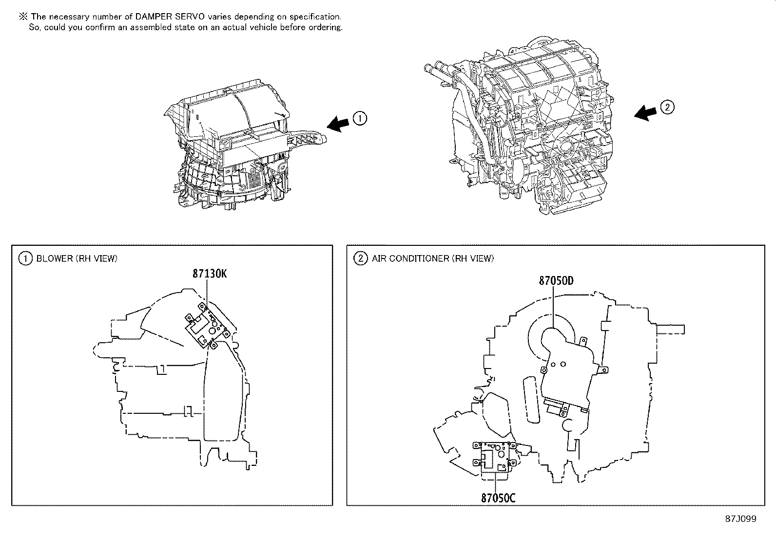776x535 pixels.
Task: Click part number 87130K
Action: tap(209, 274)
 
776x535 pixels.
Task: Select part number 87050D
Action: tap(556, 281)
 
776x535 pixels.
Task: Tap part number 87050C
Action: tap(498, 498)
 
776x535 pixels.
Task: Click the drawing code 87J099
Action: tap(740, 519)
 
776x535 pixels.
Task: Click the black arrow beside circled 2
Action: tap(646, 112)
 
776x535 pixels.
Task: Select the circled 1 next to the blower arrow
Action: tap(360, 118)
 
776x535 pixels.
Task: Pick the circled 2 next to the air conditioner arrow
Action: tap(667, 107)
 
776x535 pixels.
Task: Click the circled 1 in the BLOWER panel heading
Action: tap(24, 258)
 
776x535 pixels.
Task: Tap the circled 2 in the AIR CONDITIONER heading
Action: tap(360, 258)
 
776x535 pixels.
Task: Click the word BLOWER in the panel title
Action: tap(54, 258)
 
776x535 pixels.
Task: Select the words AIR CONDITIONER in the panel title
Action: tap(410, 258)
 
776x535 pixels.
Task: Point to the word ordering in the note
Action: tap(325, 27)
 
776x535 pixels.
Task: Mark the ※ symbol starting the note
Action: tap(23, 17)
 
